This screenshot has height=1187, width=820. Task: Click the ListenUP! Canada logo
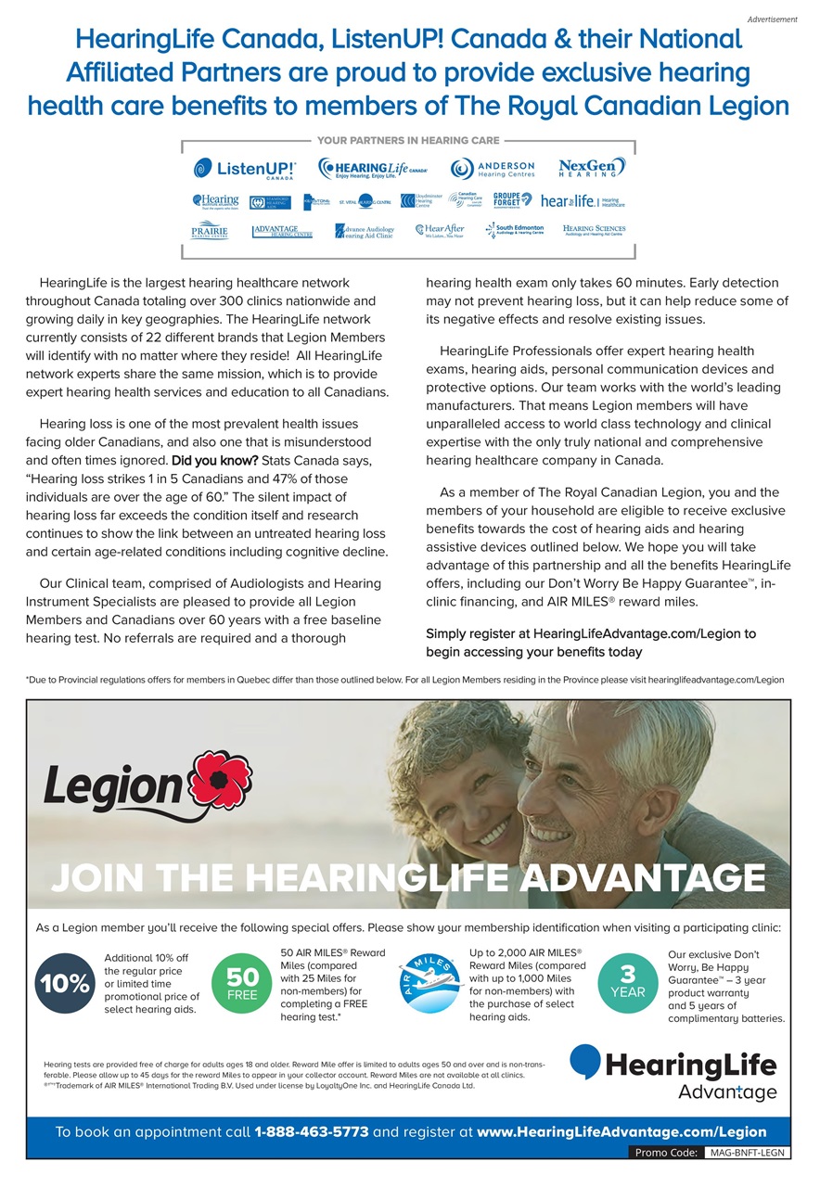(x=245, y=169)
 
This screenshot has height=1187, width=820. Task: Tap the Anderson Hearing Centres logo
(x=493, y=168)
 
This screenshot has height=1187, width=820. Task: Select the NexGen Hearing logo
(x=592, y=168)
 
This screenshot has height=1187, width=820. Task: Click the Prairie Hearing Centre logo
(x=210, y=230)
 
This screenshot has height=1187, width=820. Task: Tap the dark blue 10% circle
(x=63, y=983)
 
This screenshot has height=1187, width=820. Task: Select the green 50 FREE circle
(x=242, y=985)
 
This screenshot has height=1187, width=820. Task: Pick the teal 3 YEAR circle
(x=627, y=983)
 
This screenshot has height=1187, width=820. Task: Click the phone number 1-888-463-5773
(x=312, y=1131)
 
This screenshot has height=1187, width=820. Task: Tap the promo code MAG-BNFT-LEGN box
(x=746, y=1153)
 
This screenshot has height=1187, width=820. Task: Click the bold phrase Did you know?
(x=215, y=461)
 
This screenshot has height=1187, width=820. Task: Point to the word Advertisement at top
(x=772, y=19)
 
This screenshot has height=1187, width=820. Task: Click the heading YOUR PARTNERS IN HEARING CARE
(x=408, y=141)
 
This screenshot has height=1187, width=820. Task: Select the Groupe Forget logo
(x=512, y=199)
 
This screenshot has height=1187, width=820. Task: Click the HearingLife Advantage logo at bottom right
(x=673, y=1073)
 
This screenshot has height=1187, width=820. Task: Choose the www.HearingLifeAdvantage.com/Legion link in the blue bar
(x=621, y=1131)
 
